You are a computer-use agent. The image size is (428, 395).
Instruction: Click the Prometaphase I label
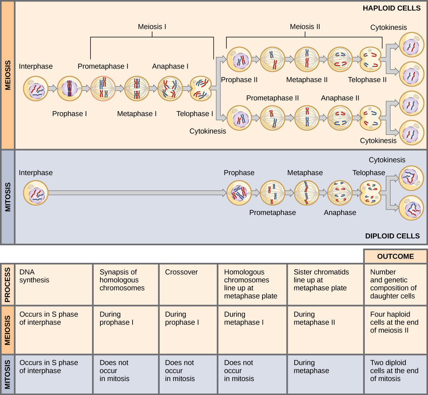pyautogui.click(x=103, y=66)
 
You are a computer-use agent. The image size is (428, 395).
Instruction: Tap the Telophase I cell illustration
pyautogui.click(x=201, y=89)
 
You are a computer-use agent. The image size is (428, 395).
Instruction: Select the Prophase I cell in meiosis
pyautogui.click(x=69, y=89)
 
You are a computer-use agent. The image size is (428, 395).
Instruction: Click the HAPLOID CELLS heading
pyautogui.click(x=392, y=8)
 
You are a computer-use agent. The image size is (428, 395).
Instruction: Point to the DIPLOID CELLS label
pyautogui.click(x=392, y=236)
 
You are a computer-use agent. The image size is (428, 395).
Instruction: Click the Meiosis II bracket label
pyautogui.click(x=305, y=27)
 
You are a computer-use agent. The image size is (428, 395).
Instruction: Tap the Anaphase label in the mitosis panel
pyautogui.click(x=340, y=213)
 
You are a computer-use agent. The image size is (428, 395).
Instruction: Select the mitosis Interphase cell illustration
pyautogui.click(x=36, y=193)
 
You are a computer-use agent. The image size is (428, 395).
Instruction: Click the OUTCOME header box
pyautogui.click(x=395, y=256)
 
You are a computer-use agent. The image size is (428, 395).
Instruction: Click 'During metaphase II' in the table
pyautogui.click(x=314, y=318)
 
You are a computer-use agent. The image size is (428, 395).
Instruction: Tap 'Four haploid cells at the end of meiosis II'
pyautogui.click(x=394, y=322)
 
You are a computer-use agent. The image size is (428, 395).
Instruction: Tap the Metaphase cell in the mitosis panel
pyautogui.click(x=307, y=193)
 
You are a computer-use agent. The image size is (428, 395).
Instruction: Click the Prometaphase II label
pyautogui.click(x=272, y=98)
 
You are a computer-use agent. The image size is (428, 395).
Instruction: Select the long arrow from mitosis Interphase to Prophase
pyautogui.click(x=136, y=193)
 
